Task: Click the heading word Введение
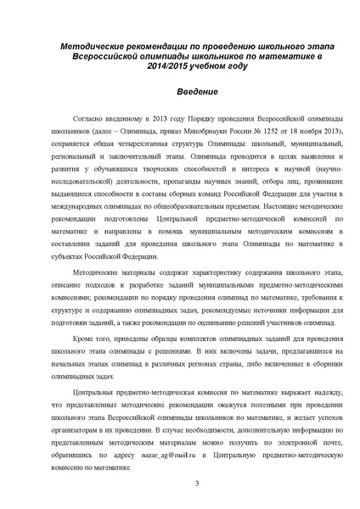click(179, 90)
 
